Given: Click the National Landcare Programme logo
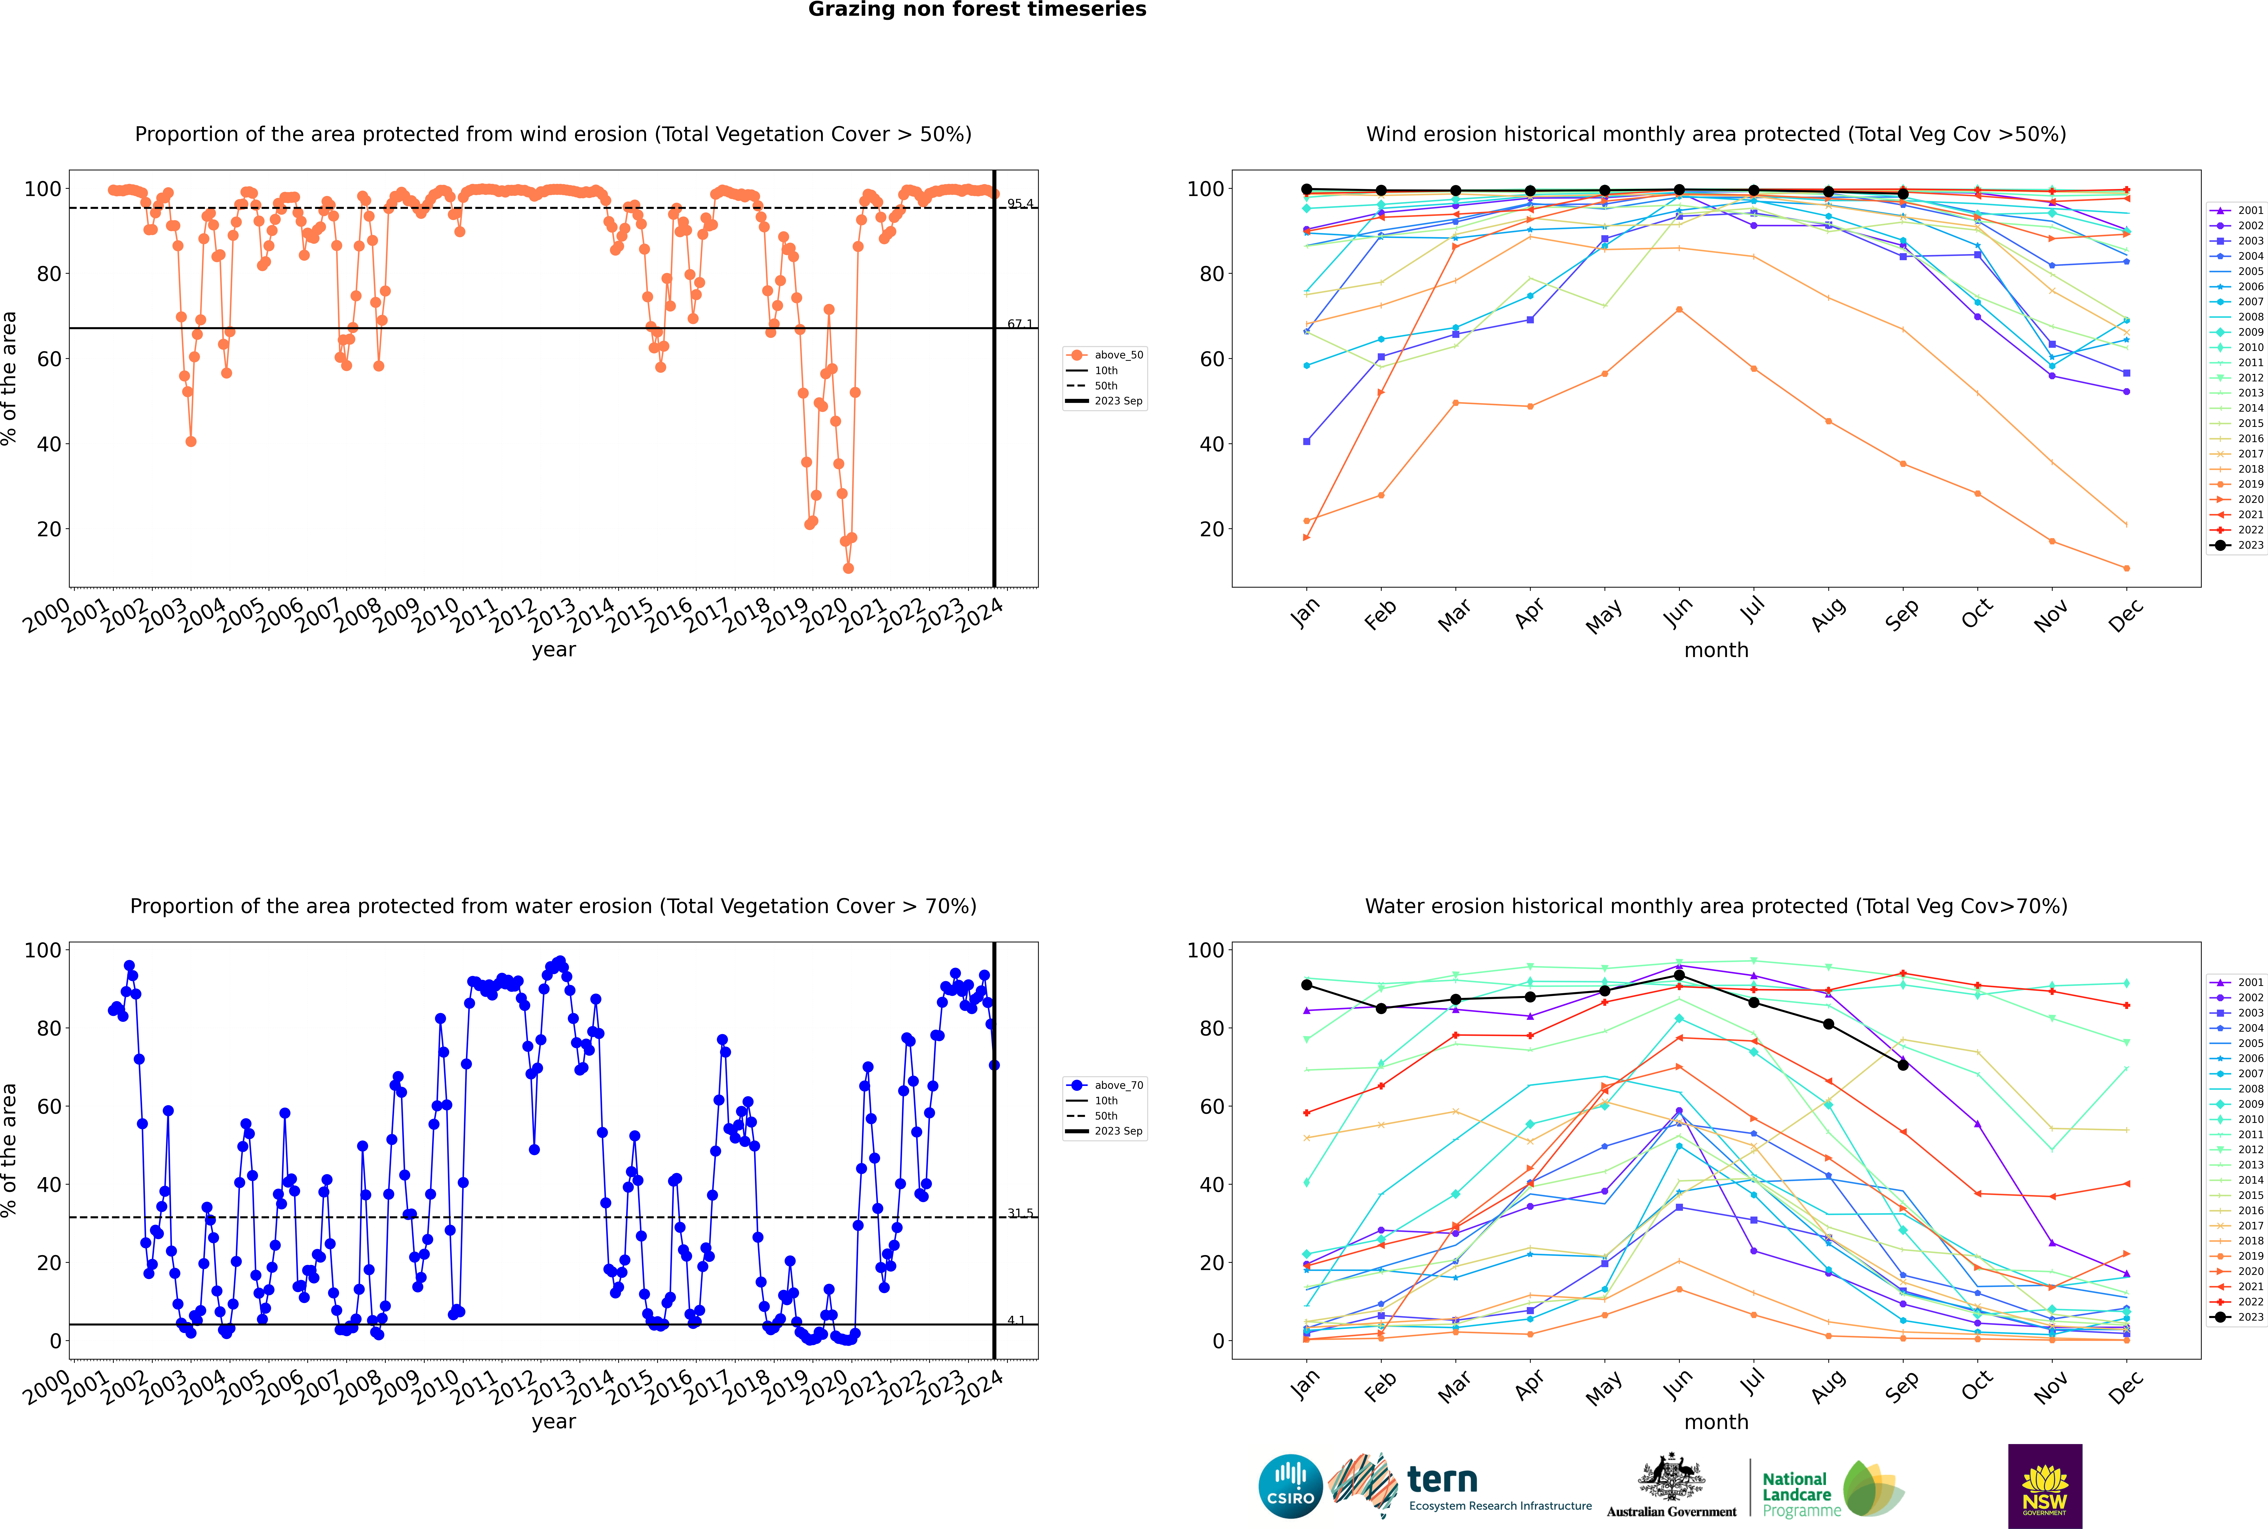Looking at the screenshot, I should tap(1831, 1489).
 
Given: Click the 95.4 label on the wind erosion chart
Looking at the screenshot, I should tap(1020, 204).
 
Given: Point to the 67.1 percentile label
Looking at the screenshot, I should tap(1020, 324).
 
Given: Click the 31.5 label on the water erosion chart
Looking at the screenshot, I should tap(1020, 1213).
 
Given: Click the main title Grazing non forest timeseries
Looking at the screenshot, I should tap(977, 10).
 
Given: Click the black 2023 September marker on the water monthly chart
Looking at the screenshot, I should tap(1902, 1065).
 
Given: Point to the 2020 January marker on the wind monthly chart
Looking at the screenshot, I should tap(1307, 537).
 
